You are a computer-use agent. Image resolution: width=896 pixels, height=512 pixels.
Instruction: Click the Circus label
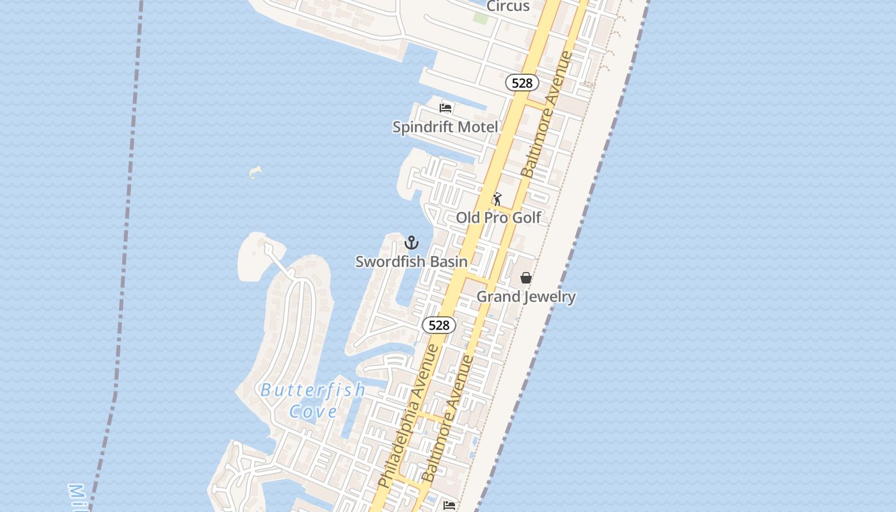click(x=508, y=6)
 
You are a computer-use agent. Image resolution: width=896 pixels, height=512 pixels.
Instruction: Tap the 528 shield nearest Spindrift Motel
click(x=522, y=83)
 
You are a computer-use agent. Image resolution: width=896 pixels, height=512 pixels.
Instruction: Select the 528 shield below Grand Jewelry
click(x=439, y=325)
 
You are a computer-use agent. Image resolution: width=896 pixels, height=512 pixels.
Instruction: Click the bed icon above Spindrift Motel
click(x=445, y=108)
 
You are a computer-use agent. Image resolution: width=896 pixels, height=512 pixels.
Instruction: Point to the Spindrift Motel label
click(x=445, y=127)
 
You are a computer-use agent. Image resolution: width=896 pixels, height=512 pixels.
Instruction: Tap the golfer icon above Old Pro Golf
click(x=497, y=199)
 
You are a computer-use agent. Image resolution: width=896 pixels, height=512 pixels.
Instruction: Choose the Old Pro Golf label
click(x=499, y=218)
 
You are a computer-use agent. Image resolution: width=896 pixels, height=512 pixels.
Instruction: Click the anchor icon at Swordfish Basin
click(x=412, y=243)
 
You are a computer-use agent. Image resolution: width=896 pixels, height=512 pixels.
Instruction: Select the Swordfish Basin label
click(x=412, y=261)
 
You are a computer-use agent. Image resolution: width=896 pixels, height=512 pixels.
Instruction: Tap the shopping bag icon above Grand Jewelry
click(x=525, y=278)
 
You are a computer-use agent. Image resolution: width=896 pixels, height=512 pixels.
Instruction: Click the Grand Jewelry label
click(x=526, y=296)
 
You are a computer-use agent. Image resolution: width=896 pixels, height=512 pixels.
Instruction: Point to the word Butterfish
click(x=312, y=390)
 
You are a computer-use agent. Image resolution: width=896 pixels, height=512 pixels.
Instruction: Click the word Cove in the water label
click(x=313, y=411)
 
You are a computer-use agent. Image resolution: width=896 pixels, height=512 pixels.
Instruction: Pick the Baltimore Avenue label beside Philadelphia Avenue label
click(x=448, y=419)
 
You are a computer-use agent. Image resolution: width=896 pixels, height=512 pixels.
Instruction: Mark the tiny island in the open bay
click(x=255, y=172)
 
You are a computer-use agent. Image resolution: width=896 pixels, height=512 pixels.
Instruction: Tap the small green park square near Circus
click(x=480, y=17)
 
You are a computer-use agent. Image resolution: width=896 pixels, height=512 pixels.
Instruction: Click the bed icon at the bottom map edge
click(x=449, y=506)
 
